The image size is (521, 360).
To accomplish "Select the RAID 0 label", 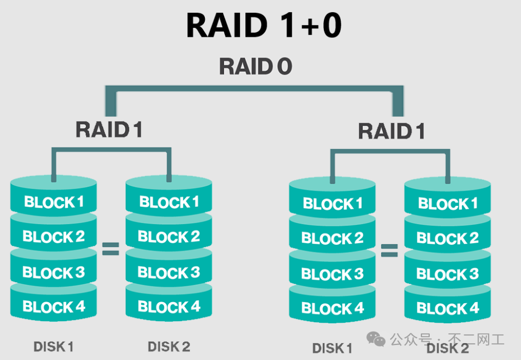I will [x=255, y=66].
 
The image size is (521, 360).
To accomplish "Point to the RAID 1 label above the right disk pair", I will [x=391, y=131].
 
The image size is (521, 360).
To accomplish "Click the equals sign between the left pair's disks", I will [x=111, y=249].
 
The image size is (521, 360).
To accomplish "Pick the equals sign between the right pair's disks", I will [x=389, y=250].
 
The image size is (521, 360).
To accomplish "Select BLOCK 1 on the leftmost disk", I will [x=53, y=201].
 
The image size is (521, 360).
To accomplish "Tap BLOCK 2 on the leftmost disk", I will [x=53, y=237].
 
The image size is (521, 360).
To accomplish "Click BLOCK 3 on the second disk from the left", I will [x=169, y=273].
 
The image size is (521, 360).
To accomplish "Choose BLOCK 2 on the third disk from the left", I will [x=332, y=239].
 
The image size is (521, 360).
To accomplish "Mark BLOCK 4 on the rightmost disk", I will [x=448, y=308].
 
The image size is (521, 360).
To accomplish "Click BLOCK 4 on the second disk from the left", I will [x=169, y=307].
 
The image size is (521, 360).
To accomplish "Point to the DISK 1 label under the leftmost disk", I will [x=53, y=347].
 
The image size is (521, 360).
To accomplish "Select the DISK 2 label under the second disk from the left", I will [x=169, y=347].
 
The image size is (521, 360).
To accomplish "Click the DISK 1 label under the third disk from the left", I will [x=332, y=349].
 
